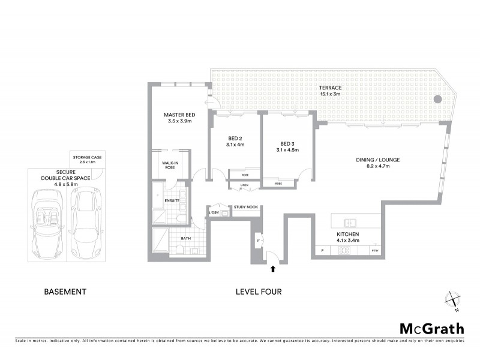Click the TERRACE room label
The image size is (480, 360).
(x=330, y=88)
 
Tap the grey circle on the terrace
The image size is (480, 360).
(x=437, y=98)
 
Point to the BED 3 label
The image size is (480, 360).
(x=287, y=143)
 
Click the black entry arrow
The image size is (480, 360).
(x=274, y=269)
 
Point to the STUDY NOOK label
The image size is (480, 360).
(x=246, y=207)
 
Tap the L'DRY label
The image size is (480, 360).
(x=213, y=213)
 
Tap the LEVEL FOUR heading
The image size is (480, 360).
(x=259, y=292)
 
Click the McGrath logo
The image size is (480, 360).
(x=431, y=328)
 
